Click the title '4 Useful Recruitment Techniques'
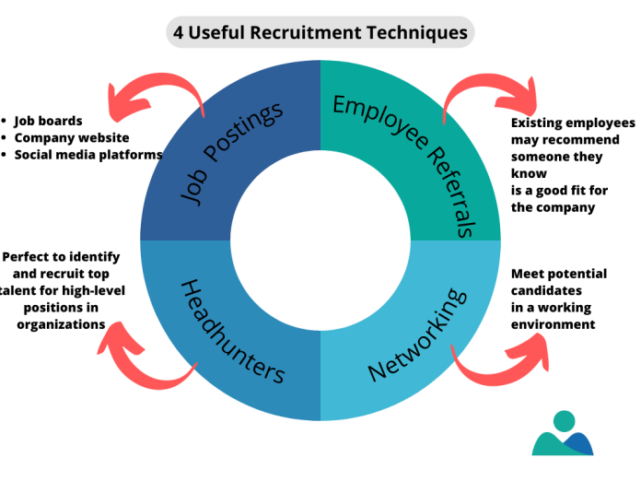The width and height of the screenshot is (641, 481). (x=320, y=33)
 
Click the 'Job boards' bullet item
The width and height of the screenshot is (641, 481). (x=48, y=121)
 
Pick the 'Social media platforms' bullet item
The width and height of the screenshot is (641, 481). (x=87, y=155)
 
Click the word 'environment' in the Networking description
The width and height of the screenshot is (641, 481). (x=553, y=324)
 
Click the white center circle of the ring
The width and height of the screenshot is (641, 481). (x=320, y=241)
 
